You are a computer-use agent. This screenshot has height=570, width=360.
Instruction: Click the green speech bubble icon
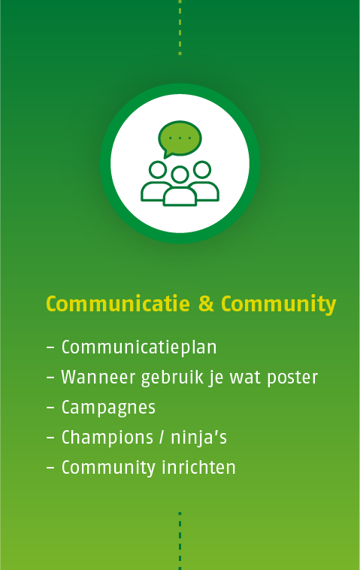(x=180, y=139)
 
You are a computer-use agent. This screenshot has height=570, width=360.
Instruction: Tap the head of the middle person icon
(x=180, y=175)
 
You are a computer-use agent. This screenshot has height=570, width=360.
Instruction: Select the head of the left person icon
(x=158, y=170)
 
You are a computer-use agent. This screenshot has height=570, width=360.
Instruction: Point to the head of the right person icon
(x=202, y=169)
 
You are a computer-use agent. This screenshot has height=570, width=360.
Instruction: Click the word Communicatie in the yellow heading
(x=118, y=304)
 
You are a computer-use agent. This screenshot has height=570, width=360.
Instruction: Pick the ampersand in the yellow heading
(x=206, y=304)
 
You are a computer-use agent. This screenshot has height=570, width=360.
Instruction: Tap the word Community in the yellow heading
(x=279, y=305)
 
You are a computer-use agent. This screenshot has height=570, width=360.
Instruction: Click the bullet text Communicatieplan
(x=139, y=347)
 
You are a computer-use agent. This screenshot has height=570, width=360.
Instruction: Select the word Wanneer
(x=98, y=377)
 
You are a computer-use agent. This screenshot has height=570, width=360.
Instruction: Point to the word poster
(x=292, y=378)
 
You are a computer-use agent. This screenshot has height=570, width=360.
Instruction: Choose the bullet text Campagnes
(x=108, y=408)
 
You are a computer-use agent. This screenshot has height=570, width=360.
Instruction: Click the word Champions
(x=107, y=438)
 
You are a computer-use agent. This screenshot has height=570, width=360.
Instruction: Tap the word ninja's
(x=198, y=438)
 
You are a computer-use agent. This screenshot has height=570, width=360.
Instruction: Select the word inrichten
(x=198, y=468)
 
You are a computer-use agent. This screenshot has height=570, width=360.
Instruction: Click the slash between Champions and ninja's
(x=162, y=438)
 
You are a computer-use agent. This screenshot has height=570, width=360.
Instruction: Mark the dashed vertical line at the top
(x=180, y=28)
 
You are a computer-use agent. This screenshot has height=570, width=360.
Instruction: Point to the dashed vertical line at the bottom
(x=180, y=541)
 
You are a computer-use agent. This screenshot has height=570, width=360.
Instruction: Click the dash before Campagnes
(x=50, y=408)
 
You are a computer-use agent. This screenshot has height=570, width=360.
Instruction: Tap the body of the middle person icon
(x=180, y=197)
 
